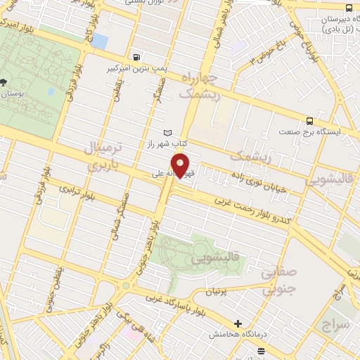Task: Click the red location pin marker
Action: pos(181,166)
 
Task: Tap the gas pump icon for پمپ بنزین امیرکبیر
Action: pos(135,57)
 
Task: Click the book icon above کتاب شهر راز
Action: pos(167,132)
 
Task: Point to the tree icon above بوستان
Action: pos(5,82)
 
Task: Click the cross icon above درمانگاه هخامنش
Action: pos(238,324)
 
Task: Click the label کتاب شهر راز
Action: pos(149,143)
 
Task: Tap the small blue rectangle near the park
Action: pos(101,41)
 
